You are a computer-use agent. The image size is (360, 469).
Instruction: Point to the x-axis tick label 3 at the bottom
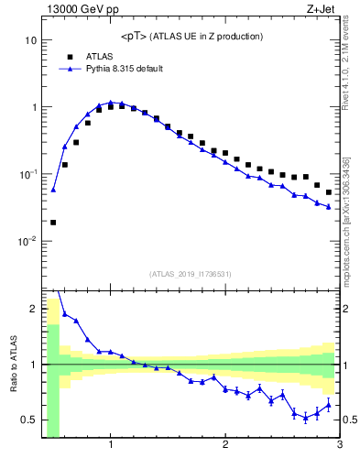pyautogui.click(x=339, y=446)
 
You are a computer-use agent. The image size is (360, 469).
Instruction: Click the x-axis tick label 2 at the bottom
pyautogui.click(x=225, y=446)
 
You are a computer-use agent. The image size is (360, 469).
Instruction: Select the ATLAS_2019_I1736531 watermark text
pyautogui.click(x=191, y=274)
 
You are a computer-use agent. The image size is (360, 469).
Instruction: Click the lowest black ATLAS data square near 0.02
pyautogui.click(x=53, y=222)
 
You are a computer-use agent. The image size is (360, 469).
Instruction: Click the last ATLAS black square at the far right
pyautogui.click(x=329, y=192)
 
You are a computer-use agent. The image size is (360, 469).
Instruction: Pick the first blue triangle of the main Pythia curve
pyautogui.click(x=53, y=190)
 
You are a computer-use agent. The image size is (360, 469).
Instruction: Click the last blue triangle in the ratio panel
pyautogui.click(x=329, y=405)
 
